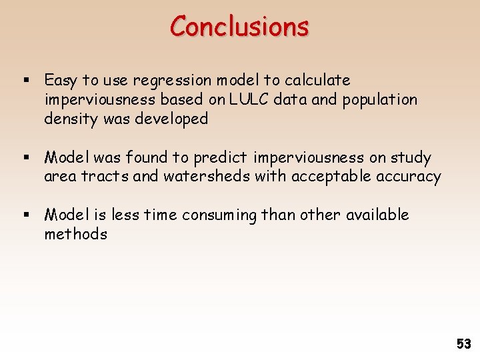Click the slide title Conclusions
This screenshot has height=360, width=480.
(x=239, y=27)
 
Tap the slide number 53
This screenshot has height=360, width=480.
(x=463, y=344)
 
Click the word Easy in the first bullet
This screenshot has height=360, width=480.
(x=61, y=81)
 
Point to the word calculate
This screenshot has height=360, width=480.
(x=317, y=81)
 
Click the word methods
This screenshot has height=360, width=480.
(x=75, y=234)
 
